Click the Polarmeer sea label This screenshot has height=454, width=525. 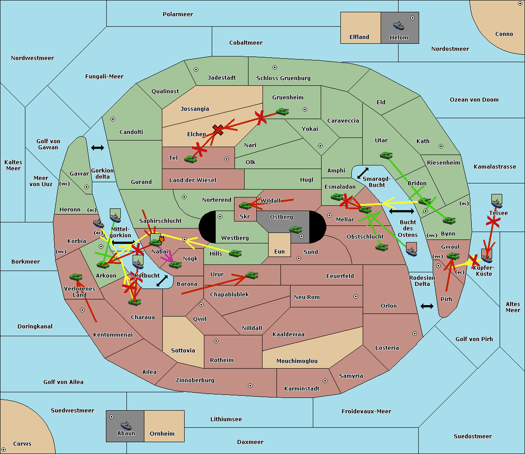178,14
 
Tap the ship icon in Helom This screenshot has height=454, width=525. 399,25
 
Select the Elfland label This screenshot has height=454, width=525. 359,37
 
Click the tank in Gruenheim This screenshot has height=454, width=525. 282,112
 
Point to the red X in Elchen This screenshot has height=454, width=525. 218,130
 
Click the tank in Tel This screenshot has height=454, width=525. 190,159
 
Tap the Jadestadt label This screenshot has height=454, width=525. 221,78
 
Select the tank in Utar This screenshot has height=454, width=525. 386,155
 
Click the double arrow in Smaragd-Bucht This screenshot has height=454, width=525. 363,173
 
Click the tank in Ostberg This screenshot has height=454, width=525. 296,229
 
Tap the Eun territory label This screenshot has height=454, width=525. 279,252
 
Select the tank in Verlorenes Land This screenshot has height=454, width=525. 76,277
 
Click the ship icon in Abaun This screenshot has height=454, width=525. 126,425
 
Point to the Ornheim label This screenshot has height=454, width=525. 162,434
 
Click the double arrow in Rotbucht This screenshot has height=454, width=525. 162,281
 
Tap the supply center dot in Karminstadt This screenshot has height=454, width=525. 325,381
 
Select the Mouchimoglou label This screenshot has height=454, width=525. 297,361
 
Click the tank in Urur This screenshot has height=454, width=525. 252,275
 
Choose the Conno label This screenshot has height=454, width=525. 504,34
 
